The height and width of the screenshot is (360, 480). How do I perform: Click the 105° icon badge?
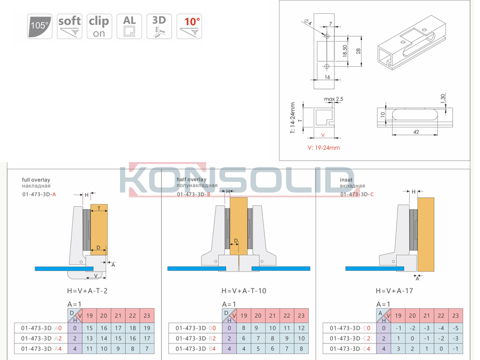pyautogui.click(x=39, y=26)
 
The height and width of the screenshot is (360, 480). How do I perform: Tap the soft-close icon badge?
pyautogui.click(x=69, y=26)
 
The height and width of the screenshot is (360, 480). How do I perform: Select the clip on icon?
pyautogui.click(x=99, y=26)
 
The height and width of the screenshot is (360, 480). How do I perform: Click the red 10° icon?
pyautogui.click(x=189, y=26)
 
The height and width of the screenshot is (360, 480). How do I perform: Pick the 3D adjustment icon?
pyautogui.click(x=159, y=26)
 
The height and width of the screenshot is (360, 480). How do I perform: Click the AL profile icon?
pyautogui.click(x=129, y=26)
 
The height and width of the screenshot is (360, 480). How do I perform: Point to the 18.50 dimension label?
pyautogui.click(x=345, y=51)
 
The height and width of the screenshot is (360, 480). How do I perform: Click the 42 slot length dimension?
pyautogui.click(x=416, y=132)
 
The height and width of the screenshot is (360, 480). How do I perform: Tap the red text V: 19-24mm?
pyautogui.click(x=324, y=148)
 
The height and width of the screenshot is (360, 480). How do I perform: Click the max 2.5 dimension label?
pyautogui.click(x=334, y=99)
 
